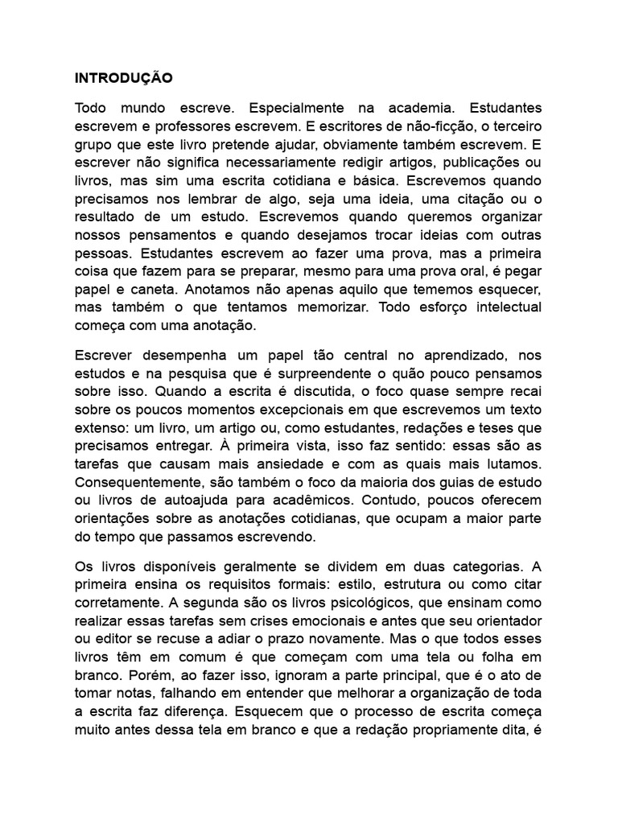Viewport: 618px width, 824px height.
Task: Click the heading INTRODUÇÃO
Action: pyautogui.click(x=123, y=78)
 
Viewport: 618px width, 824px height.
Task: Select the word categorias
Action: pyautogui.click(x=464, y=566)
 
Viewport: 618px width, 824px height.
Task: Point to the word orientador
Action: pyautogui.click(x=505, y=620)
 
